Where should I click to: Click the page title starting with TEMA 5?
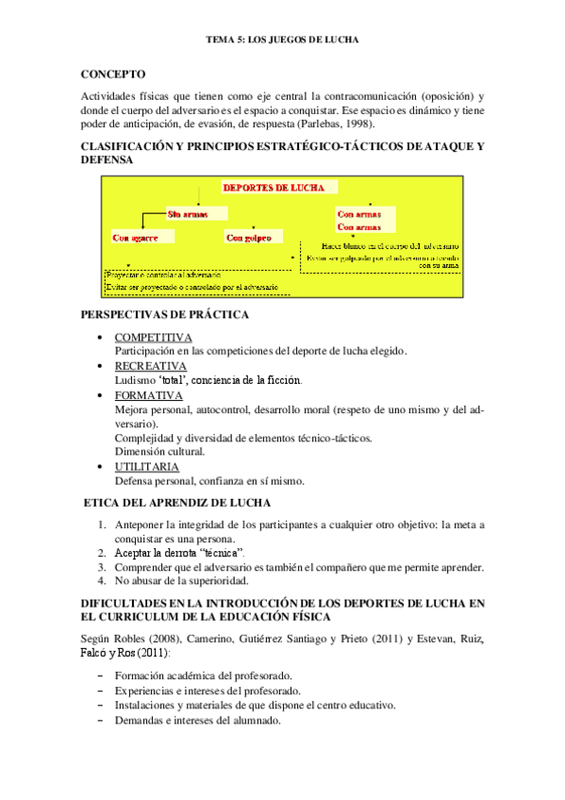(x=282, y=41)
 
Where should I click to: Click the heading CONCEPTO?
(x=113, y=73)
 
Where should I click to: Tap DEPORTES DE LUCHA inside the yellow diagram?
(x=268, y=187)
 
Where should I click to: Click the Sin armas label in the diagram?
(x=187, y=214)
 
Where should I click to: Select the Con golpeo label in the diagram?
(x=248, y=238)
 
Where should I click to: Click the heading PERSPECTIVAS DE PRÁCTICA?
(x=165, y=314)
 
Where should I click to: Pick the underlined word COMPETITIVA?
(x=153, y=337)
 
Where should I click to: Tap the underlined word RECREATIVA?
(x=150, y=366)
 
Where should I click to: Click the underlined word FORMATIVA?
(x=148, y=395)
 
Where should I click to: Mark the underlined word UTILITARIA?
(x=147, y=466)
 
